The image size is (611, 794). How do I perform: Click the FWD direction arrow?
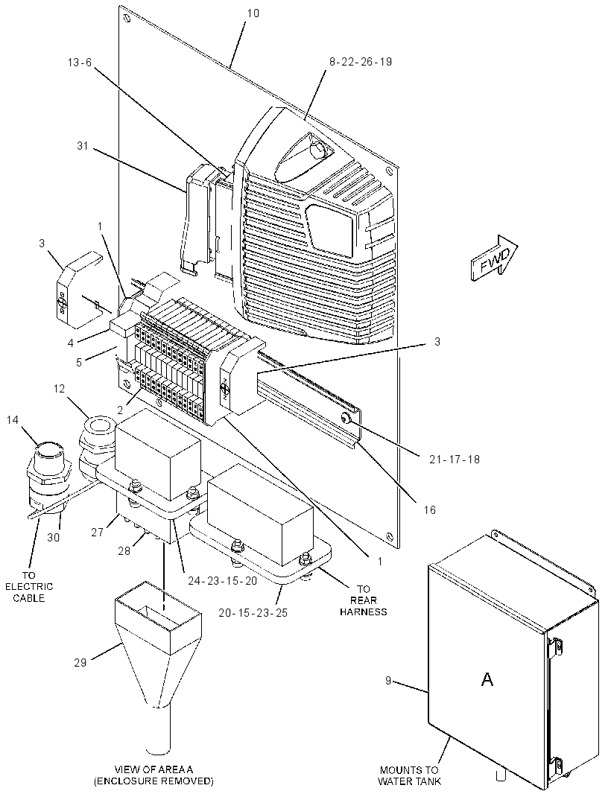pos(494,257)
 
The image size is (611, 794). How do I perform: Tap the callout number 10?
pos(253,13)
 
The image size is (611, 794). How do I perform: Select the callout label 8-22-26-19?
pos(360,62)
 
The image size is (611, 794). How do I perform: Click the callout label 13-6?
pos(80,63)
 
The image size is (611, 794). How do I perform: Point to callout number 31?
pos(82,146)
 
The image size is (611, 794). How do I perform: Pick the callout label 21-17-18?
pos(454,460)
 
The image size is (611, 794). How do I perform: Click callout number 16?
pos(430,510)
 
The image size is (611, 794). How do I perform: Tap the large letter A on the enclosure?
pos(487,679)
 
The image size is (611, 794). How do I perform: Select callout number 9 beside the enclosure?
pos(388,681)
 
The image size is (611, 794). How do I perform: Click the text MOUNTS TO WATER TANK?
pos(409,776)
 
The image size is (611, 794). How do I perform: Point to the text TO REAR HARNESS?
pos(364,600)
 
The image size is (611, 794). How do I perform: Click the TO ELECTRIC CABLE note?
pos(29,587)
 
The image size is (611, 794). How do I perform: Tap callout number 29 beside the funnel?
pos(80,662)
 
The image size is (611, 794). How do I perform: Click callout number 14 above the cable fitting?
pos(12,420)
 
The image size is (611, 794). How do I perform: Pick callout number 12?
pos(60,389)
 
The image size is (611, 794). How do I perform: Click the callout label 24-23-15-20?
pos(223,581)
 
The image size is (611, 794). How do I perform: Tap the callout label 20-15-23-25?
pos(253,613)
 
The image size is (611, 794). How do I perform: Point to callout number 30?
pos(53,537)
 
